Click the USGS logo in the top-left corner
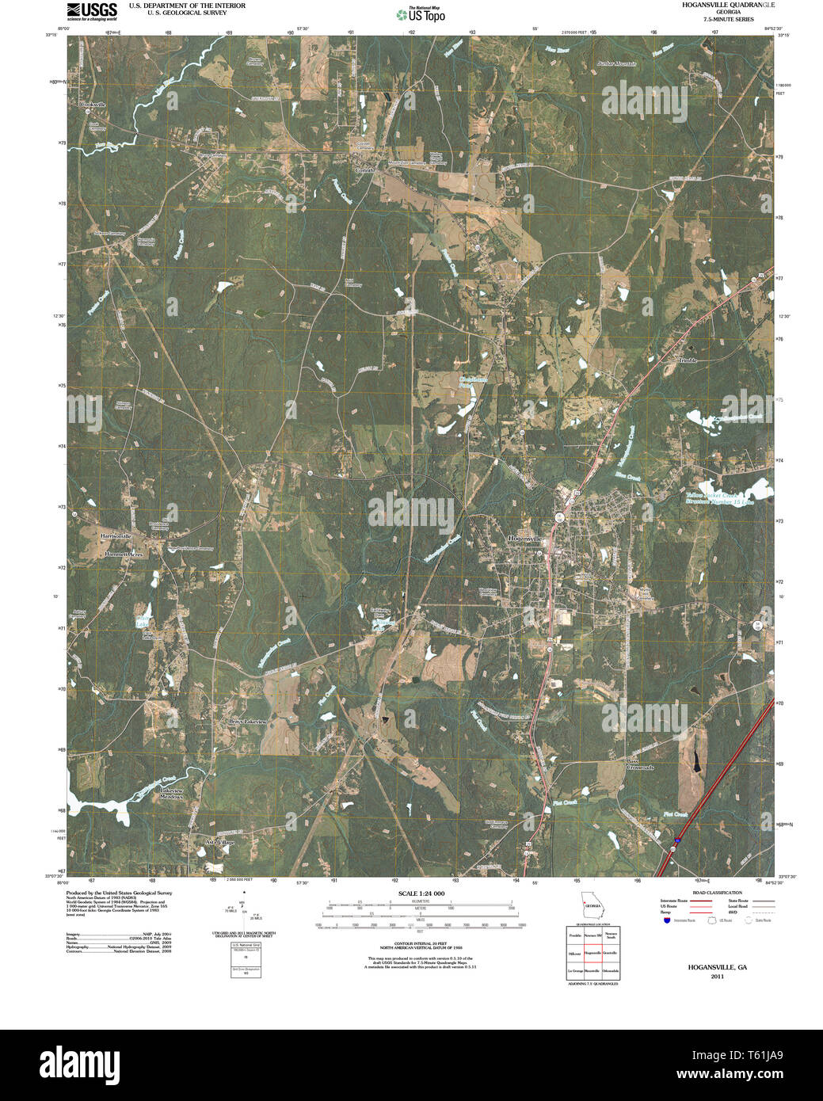(x=92, y=11)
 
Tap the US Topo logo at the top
(x=421, y=13)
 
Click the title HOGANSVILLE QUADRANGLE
(x=729, y=5)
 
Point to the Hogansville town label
(x=527, y=539)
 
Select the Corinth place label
(x=364, y=170)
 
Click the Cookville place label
(x=92, y=105)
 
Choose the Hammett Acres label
(x=124, y=555)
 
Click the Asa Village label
(x=219, y=842)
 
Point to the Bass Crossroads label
(x=640, y=764)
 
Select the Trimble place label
(x=686, y=360)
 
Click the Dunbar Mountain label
(x=617, y=63)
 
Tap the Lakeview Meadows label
(x=172, y=794)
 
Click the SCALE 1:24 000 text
(x=422, y=893)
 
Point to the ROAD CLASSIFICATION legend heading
(x=717, y=893)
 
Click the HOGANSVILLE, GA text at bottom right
(x=717, y=967)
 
